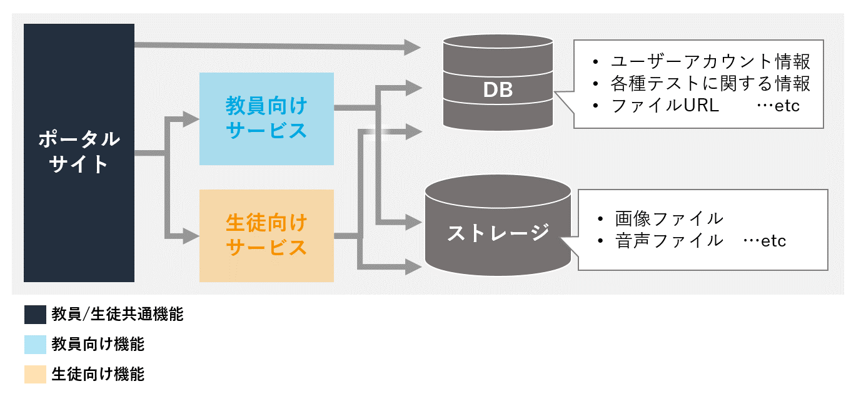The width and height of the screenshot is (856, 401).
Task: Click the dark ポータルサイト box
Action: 79,153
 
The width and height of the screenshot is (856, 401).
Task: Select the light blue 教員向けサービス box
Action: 266,119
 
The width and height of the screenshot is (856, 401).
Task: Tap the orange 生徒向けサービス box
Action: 266,236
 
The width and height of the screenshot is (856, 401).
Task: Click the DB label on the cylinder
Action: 498,90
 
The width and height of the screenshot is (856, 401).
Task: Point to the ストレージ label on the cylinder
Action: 498,233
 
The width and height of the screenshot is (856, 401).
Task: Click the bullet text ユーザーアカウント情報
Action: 710,61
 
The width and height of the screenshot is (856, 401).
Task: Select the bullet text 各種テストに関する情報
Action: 710,84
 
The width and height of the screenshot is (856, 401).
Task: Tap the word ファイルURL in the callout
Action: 665,106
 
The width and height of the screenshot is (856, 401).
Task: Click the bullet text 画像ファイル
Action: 669,219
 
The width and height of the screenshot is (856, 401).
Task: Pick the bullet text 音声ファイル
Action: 669,241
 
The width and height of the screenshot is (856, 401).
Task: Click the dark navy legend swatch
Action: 35,315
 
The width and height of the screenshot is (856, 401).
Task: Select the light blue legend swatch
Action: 35,345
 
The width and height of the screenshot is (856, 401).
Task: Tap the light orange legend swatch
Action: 35,374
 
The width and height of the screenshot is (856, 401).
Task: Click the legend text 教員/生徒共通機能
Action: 118,314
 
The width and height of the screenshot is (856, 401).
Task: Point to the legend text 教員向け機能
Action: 98,344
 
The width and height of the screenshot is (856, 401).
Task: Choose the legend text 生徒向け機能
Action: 98,374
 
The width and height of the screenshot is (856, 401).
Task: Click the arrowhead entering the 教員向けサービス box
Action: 191,119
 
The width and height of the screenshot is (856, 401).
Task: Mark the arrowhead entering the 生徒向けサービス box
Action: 191,236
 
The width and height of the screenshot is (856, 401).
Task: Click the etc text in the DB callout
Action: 787,106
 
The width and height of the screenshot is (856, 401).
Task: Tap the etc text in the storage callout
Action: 773,241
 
